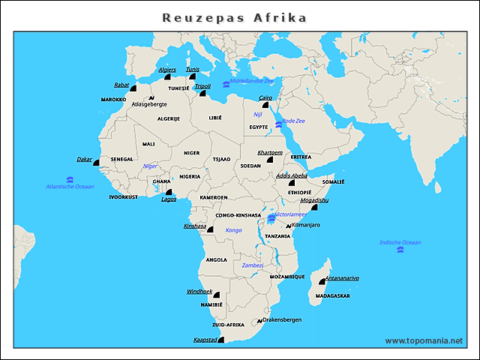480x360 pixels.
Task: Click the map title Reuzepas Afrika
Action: coord(235,17)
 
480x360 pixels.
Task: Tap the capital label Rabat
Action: coord(121,85)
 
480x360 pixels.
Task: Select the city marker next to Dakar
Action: coord(96,162)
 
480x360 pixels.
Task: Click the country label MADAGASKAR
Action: coord(332,295)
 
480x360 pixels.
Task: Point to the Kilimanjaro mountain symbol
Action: coord(287,226)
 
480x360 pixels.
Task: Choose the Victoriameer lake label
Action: coord(290,214)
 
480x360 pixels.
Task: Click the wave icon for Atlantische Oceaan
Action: coord(69,179)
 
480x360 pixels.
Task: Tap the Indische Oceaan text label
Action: coord(400,242)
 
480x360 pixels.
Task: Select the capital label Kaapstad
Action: coord(205,339)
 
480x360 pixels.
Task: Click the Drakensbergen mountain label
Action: coord(282,319)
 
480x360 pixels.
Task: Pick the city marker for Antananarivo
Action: coord(322,281)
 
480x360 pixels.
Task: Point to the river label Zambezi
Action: coord(253,265)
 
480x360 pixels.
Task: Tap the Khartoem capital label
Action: coord(269,152)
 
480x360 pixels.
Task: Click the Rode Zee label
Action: coord(293,120)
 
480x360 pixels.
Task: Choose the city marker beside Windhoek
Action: coord(216,295)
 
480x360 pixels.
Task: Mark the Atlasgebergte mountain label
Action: coord(148,104)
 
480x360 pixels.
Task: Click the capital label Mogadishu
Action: coord(314,200)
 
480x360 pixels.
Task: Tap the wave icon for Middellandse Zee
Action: coord(226,85)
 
